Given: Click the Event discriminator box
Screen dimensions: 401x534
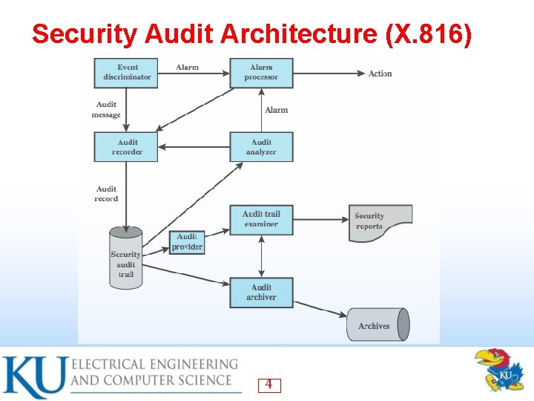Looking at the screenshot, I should click(x=126, y=72).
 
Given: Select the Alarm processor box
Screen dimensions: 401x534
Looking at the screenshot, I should click(x=261, y=72).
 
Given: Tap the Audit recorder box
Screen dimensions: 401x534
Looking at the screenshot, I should click(x=126, y=147).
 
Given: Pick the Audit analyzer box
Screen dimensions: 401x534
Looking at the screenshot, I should click(x=261, y=147).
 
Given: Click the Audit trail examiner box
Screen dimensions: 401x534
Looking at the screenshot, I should click(x=261, y=219).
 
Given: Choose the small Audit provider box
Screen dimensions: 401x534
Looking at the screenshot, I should click(x=187, y=242).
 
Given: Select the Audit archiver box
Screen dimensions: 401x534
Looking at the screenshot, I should click(x=261, y=292).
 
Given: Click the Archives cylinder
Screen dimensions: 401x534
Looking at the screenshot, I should click(x=378, y=325).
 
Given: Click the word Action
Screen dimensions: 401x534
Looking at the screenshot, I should click(x=380, y=74).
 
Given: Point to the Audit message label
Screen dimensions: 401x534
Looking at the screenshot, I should click(x=106, y=110).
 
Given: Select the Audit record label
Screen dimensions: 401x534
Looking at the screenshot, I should click(x=106, y=194).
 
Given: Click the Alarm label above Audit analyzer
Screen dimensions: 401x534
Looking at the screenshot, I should click(x=276, y=110).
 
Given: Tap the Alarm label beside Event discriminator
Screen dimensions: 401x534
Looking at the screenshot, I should click(x=187, y=68).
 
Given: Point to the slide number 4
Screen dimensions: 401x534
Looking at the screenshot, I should click(x=268, y=385).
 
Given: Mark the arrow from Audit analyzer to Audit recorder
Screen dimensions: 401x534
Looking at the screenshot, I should click(x=194, y=147).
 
